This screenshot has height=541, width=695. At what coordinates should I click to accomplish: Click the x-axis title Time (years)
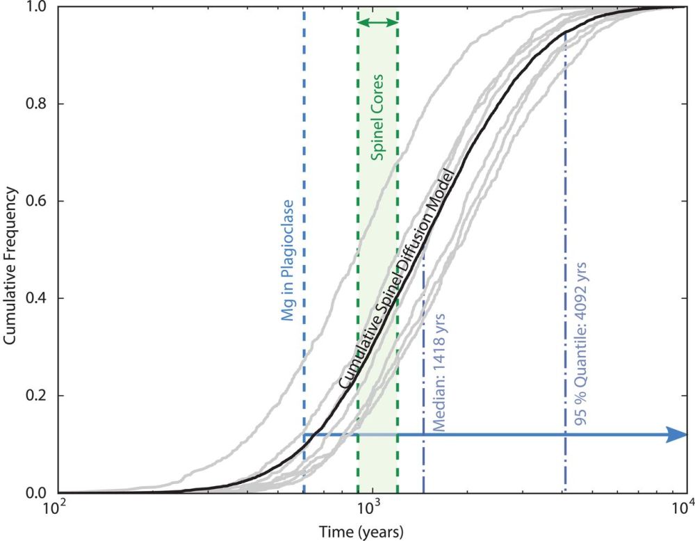pyautogui.click(x=355, y=531)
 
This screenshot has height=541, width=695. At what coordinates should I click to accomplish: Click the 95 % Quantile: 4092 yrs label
pyautogui.click(x=580, y=344)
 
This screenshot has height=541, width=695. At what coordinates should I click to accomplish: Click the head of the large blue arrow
pyautogui.click(x=677, y=435)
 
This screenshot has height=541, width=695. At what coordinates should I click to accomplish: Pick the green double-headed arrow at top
pyautogui.click(x=377, y=23)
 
